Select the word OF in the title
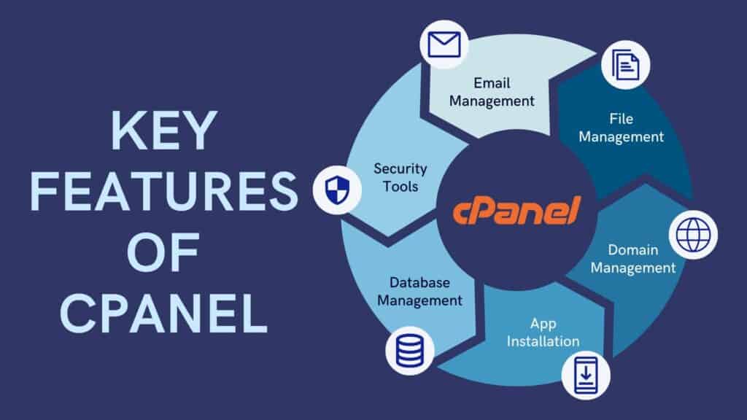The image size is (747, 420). coord(163,256)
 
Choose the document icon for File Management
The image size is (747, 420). coord(625,65)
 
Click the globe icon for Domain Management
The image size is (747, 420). coord(693,235)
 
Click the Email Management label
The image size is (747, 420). coord(492,92)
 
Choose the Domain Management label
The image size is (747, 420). coord(633,259)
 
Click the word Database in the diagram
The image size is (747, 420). coord(419,282)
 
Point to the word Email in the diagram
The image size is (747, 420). coord(491,83)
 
